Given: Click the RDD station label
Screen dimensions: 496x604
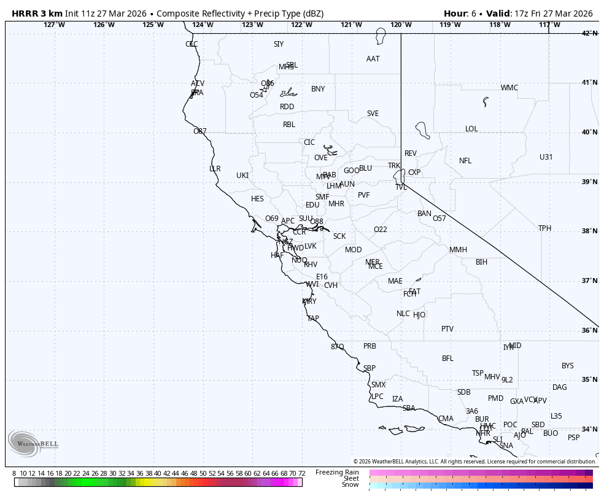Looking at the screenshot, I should coord(287,107).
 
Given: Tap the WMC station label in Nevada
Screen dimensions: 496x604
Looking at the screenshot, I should coord(509,88).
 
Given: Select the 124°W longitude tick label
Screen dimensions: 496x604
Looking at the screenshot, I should coord(203,25).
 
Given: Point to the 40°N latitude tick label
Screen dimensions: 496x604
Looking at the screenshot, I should coord(589,133).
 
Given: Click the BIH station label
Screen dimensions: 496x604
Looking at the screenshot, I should coord(481,262).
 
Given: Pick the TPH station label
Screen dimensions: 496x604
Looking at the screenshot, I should coord(544,228).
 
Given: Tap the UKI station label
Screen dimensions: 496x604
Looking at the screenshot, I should coord(242,176).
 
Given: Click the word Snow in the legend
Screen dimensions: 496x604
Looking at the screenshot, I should coord(350,485).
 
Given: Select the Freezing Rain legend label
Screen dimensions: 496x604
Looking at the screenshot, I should coord(337,472).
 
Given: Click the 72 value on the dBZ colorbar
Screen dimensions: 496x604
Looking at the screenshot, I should coord(301,473).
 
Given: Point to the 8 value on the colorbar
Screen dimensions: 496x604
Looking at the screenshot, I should coord(14,473).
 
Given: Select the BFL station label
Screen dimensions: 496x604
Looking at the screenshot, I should coord(447,358).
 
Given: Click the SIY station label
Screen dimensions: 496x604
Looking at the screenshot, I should coord(279,44).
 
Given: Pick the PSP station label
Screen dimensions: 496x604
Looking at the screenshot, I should coord(573,438).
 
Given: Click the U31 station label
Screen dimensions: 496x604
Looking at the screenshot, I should coord(546,157).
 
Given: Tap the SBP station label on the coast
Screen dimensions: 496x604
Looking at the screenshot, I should coord(369,368).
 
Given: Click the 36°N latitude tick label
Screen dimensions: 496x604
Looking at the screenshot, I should coord(589,330).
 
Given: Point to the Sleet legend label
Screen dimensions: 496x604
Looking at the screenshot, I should coord(350,478).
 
